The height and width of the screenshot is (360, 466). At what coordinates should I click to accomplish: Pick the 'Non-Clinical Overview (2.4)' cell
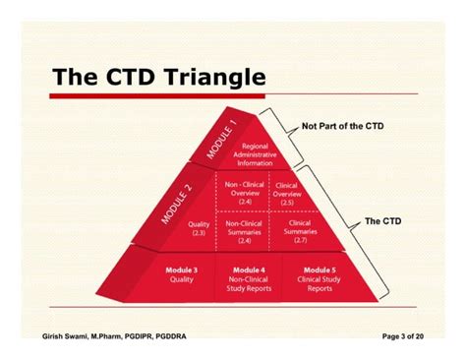click(x=244, y=194)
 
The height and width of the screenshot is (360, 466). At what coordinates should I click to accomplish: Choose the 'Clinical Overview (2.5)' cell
click(x=286, y=194)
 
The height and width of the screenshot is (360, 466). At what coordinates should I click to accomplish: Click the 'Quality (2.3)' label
click(x=200, y=227)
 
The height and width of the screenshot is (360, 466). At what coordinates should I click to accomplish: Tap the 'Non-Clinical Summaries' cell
click(x=244, y=230)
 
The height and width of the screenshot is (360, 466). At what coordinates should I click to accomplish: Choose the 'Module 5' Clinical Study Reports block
click(x=319, y=278)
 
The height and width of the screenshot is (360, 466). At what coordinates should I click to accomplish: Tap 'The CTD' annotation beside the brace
click(x=382, y=221)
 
